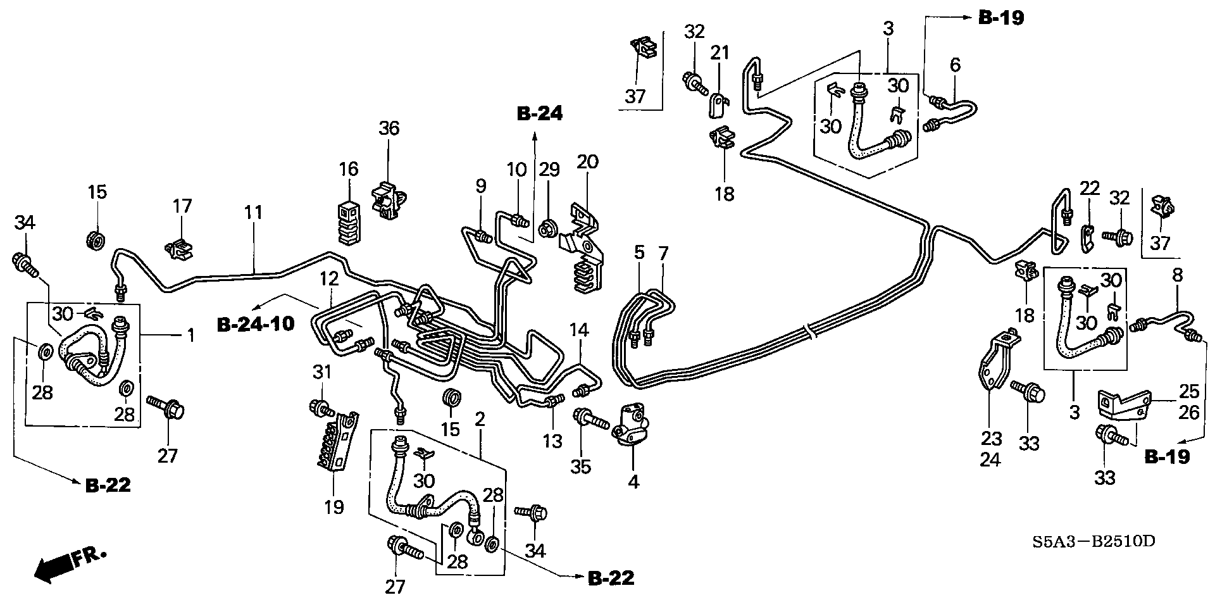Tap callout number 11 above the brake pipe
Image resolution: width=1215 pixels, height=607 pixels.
(254, 212)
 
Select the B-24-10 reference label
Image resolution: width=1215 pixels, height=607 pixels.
(256, 324)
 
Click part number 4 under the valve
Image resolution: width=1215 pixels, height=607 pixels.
(633, 482)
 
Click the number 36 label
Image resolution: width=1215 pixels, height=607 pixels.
(389, 128)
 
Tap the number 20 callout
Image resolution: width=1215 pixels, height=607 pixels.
(587, 161)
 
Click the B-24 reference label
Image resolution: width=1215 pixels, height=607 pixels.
(539, 113)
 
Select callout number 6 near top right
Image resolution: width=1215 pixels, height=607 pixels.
(955, 65)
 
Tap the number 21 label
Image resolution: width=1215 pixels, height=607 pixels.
(719, 53)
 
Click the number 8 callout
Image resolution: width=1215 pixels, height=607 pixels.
(1177, 275)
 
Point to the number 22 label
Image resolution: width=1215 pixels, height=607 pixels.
(1089, 188)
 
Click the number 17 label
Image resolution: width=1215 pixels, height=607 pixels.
(182, 206)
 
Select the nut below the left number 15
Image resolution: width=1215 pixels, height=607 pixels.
(94, 240)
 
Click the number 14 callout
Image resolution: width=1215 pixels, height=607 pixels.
(578, 330)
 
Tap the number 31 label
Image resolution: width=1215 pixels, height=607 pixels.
(322, 372)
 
